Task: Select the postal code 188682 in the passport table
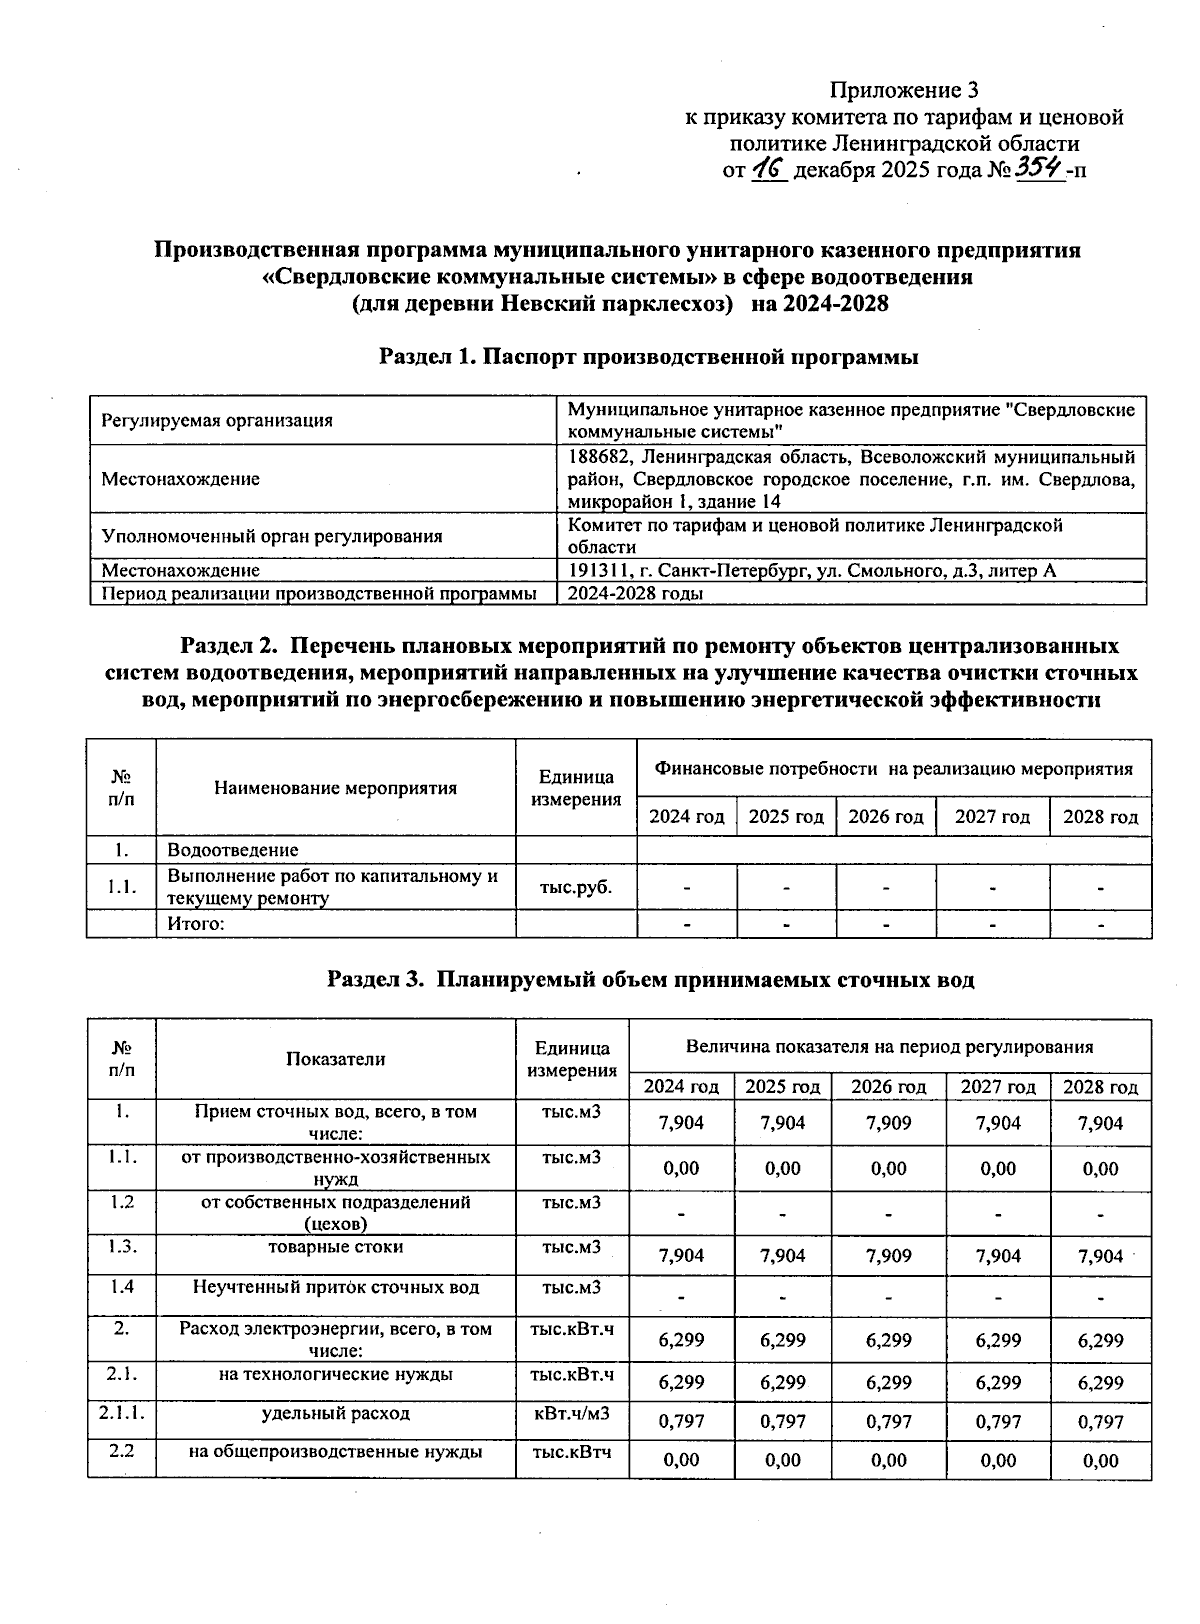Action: pyautogui.click(x=596, y=458)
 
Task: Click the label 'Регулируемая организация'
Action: pyautogui.click(x=217, y=421)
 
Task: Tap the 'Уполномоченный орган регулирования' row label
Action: pyautogui.click(x=272, y=536)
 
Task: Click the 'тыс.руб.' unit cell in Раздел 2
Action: pyautogui.click(x=575, y=886)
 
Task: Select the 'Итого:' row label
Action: pyautogui.click(x=196, y=924)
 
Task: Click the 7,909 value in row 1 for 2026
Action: pyautogui.click(x=889, y=1123)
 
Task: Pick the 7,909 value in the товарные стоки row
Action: pyautogui.click(x=889, y=1256)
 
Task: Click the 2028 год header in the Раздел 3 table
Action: pyautogui.click(x=1100, y=1087)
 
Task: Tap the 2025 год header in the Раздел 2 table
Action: pyautogui.click(x=786, y=817)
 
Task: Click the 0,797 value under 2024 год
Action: pyautogui.click(x=681, y=1421)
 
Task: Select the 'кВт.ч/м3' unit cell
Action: pyautogui.click(x=572, y=1414)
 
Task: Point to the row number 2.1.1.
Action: pyautogui.click(x=121, y=1414)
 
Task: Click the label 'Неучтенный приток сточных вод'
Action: pyautogui.click(x=336, y=1288)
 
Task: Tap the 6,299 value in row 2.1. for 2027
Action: pyautogui.click(x=998, y=1382)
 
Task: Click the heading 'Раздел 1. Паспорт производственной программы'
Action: pyautogui.click(x=648, y=357)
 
